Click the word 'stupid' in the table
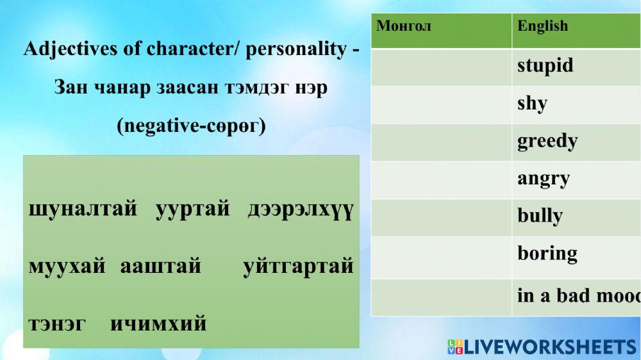point(545,66)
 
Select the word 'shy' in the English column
point(532,104)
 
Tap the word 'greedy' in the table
point(547,141)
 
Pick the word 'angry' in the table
point(544,179)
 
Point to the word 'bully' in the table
point(540,216)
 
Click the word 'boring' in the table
point(547,253)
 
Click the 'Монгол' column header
point(404,26)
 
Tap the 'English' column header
point(542,26)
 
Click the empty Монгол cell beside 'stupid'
point(441,67)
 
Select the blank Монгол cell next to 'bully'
point(441,217)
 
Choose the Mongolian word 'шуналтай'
point(83,210)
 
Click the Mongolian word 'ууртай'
point(192,210)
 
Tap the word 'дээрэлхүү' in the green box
point(300,210)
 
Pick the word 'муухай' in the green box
point(67,265)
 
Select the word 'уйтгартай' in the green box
point(298,265)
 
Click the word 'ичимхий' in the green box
point(158,323)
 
